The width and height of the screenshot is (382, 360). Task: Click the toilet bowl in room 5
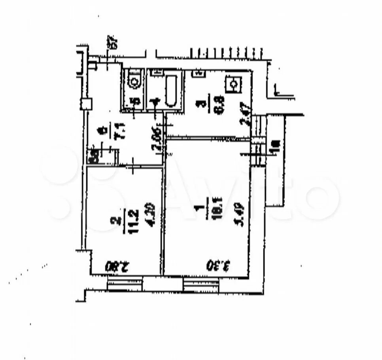pyautogui.click(x=134, y=82)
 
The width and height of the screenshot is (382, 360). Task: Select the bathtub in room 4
pyautogui.click(x=171, y=91)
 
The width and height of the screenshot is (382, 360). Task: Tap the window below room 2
pyautogui.click(x=124, y=284)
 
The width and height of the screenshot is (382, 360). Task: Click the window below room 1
pyautogui.click(x=200, y=284)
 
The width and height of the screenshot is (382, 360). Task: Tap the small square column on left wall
pyautogui.click(x=86, y=104)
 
